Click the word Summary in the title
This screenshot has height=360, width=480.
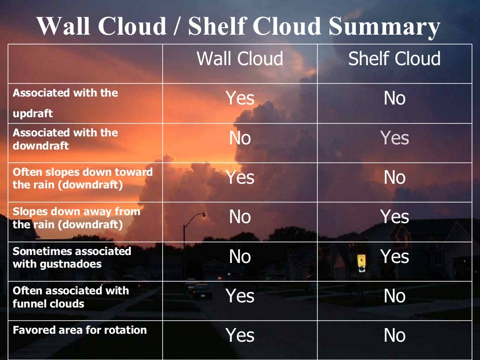[384, 27]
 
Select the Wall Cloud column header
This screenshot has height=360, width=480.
[240, 59]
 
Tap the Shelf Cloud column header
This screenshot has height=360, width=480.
[394, 59]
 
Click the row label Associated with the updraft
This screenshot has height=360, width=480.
[65, 103]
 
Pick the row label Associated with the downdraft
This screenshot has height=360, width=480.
[65, 139]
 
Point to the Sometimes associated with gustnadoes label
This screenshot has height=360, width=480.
[72, 257]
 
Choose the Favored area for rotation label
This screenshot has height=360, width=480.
[80, 330]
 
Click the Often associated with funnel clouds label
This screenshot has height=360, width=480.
[71, 297]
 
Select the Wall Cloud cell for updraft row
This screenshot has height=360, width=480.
[240, 98]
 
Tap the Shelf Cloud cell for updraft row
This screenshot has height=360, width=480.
[395, 98]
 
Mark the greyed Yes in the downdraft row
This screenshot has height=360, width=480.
[395, 138]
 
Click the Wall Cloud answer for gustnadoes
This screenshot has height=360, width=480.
[240, 256]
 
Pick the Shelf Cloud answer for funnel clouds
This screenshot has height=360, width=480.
[395, 296]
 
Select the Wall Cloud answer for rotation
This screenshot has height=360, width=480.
[240, 335]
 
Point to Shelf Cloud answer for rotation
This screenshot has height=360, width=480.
[395, 335]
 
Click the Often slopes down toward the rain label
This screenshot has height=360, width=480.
[82, 178]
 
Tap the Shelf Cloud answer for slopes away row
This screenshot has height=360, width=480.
[395, 217]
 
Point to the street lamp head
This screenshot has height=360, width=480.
[202, 214]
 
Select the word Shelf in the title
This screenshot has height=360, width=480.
[216, 27]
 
